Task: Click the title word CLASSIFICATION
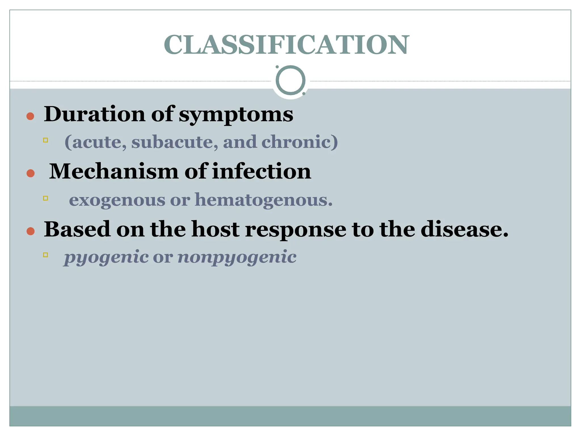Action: (287, 45)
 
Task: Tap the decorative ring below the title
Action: (290, 80)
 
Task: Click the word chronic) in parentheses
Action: (300, 142)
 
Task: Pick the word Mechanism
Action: (114, 171)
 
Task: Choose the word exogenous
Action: (117, 200)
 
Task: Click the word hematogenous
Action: (264, 200)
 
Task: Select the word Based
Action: (77, 229)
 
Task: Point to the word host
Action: (215, 229)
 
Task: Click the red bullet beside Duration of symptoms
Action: (30, 116)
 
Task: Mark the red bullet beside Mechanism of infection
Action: (30, 173)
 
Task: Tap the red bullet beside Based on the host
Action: (30, 231)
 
